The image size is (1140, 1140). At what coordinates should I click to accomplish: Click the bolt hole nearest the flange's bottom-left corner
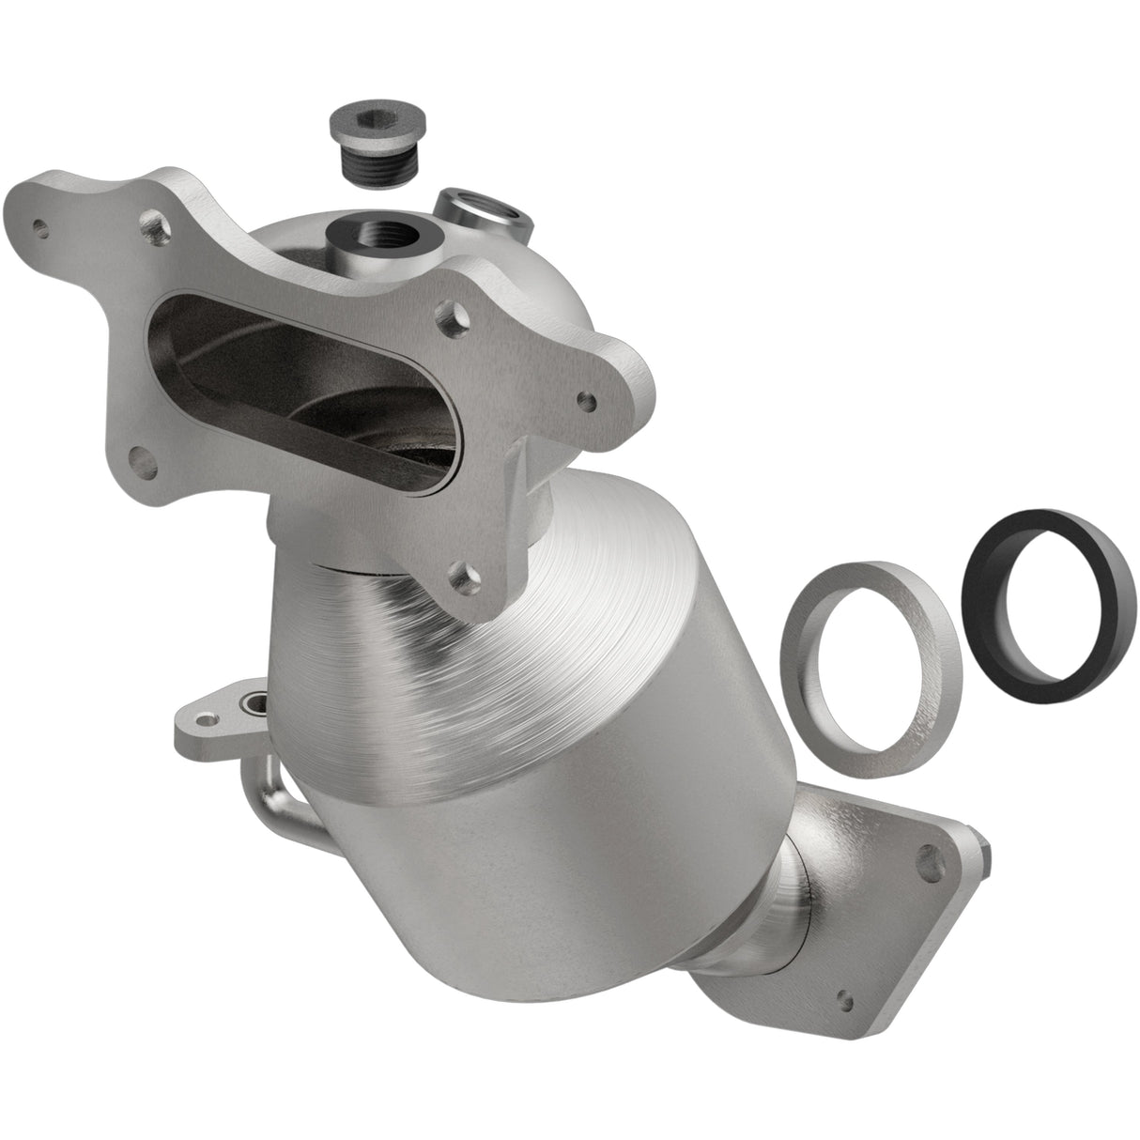(x=141, y=459)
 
